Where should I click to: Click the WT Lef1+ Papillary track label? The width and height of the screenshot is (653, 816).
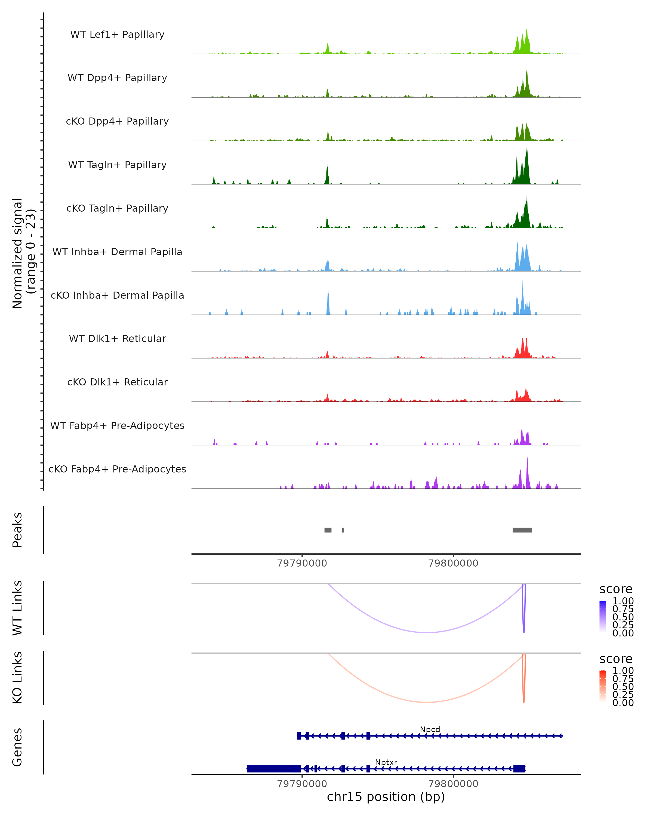pos(117,35)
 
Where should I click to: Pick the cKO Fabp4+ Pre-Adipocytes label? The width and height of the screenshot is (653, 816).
pos(117,469)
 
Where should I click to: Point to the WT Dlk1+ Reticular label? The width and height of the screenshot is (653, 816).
pos(117,338)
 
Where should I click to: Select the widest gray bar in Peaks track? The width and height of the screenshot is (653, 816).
pos(522,530)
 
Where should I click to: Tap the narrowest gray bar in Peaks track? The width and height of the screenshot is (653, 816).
pos(343,530)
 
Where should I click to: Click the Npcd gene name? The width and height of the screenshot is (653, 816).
pos(430,729)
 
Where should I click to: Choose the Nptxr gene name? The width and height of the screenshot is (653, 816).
pos(386,762)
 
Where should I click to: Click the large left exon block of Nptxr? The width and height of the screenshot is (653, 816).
pos(274,769)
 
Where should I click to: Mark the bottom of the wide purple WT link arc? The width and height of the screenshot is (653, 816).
pos(427,632)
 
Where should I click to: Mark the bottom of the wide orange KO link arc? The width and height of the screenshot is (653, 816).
pos(427,702)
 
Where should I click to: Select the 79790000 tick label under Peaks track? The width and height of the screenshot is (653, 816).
pos(302,563)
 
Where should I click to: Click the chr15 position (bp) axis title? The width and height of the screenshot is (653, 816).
pos(386,797)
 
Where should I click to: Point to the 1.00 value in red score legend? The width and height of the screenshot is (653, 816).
pos(623,671)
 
